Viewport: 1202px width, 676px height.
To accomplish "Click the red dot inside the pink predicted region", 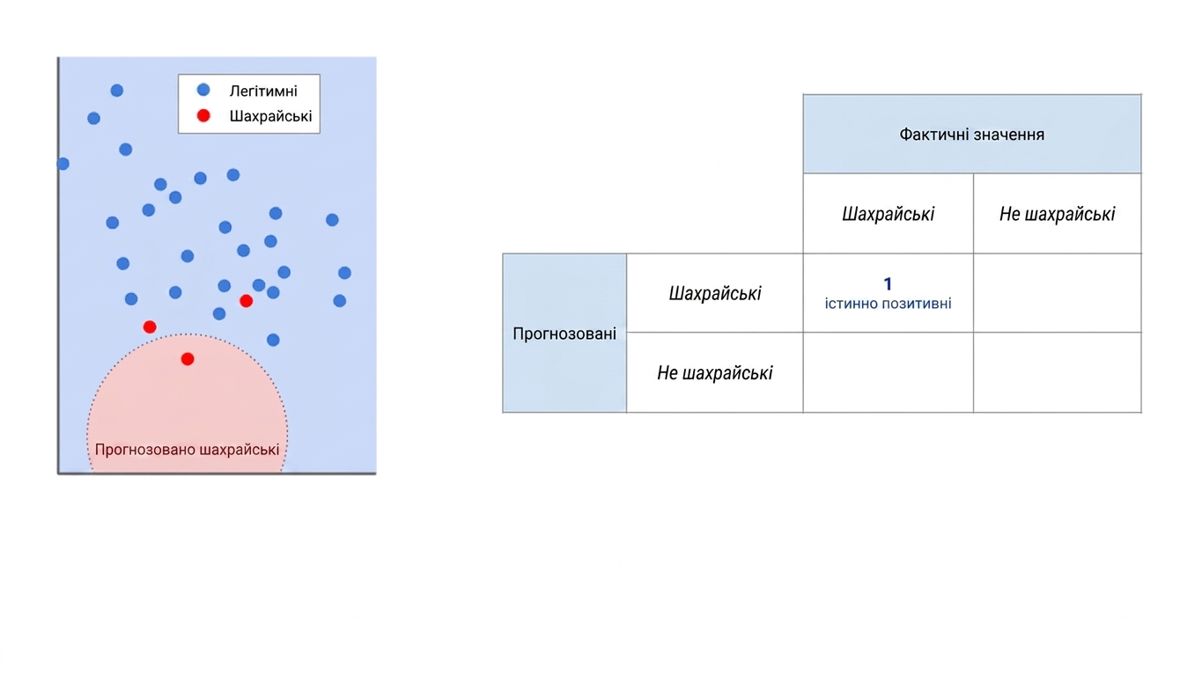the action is [188, 359].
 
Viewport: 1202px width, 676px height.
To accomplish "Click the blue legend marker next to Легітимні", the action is [203, 90].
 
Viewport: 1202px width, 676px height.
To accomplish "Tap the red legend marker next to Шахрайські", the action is [203, 115].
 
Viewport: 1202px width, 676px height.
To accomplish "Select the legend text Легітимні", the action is [263, 92].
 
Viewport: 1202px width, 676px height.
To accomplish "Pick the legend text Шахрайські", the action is [270, 116].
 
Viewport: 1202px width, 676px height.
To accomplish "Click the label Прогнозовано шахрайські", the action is [187, 450].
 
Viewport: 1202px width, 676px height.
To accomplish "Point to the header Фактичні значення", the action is [972, 134].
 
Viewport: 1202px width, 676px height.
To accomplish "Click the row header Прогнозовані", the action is [564, 334].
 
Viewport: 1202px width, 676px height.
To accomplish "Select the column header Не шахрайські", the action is [1057, 214].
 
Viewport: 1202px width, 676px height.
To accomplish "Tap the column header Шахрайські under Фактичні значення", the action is [889, 214].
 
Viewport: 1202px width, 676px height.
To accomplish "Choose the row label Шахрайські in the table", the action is [715, 293].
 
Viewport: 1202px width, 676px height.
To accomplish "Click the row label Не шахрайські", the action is [715, 373].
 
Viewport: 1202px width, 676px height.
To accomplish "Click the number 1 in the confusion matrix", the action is [888, 283].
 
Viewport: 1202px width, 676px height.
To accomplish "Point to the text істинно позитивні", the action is [889, 304].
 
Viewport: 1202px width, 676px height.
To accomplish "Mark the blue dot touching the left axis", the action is [63, 164].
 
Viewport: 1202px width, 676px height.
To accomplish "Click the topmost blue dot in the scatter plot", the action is [117, 90].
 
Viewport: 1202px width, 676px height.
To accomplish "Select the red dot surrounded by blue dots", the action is [247, 301].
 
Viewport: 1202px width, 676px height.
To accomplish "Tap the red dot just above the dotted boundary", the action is [150, 327].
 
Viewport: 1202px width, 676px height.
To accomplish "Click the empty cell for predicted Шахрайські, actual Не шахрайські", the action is [1057, 293].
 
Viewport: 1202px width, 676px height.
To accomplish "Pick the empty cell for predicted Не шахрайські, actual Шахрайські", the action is [889, 372].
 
